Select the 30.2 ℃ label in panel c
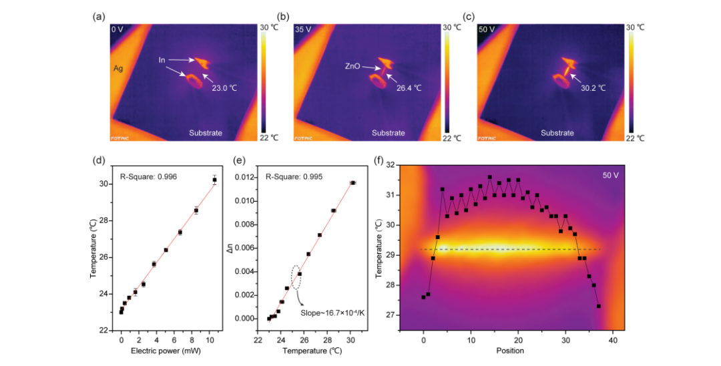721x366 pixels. (x=591, y=87)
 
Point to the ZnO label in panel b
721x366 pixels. (x=354, y=66)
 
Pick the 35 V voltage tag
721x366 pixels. (x=304, y=29)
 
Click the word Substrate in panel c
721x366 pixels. (x=557, y=133)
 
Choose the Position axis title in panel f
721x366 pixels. (x=510, y=350)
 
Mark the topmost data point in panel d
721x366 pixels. (x=214, y=180)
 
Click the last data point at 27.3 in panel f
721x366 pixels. (x=599, y=306)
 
